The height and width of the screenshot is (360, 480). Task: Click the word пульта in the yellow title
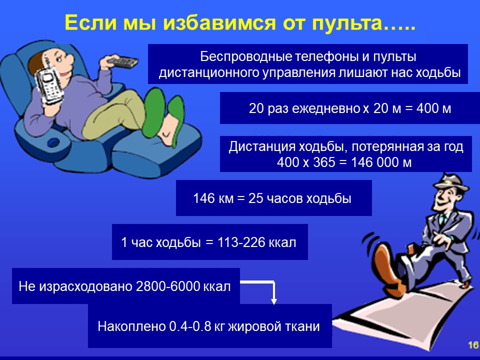click(x=347, y=22)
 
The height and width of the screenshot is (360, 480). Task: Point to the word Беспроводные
click(x=246, y=57)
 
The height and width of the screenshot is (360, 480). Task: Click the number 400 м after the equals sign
click(x=434, y=108)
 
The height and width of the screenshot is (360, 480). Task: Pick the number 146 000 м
click(x=381, y=162)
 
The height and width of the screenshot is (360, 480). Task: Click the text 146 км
click(x=213, y=198)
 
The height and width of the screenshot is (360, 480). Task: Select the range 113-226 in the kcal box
click(x=241, y=242)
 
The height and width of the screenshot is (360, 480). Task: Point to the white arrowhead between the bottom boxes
click(x=274, y=301)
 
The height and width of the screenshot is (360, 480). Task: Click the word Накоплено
click(x=131, y=326)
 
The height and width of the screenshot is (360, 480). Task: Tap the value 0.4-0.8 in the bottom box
click(x=190, y=326)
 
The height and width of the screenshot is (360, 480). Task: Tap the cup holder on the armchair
click(x=53, y=142)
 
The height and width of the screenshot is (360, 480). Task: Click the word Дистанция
click(x=261, y=147)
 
